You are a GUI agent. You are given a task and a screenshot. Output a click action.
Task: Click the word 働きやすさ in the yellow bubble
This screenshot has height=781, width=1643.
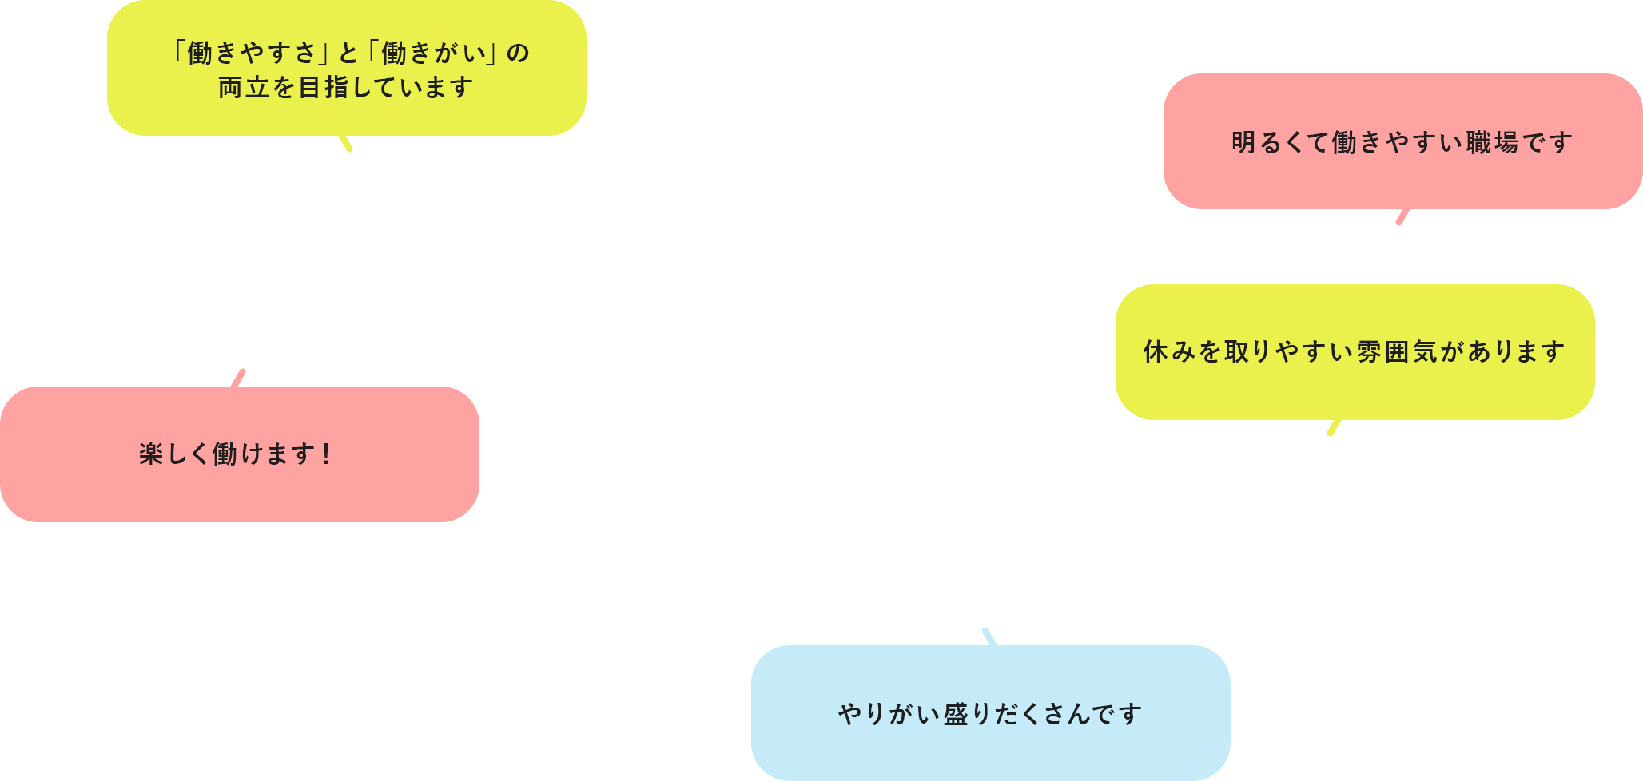coord(253,54)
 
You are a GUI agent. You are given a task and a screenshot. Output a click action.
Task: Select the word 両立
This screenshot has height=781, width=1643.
coord(244,88)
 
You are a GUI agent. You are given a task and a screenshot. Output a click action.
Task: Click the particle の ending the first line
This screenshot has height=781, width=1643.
coord(518,54)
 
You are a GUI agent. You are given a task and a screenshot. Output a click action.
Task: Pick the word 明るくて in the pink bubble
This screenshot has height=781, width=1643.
coord(1280,143)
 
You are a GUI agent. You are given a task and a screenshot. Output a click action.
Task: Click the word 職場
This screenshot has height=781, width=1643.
coord(1492,143)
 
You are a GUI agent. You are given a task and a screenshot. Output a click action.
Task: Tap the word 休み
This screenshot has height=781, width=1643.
coord(1170,352)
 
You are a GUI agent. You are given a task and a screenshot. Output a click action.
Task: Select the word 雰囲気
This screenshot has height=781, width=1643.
coord(1398,352)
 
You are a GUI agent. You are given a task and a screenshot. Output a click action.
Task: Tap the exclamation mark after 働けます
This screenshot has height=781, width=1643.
coord(325,454)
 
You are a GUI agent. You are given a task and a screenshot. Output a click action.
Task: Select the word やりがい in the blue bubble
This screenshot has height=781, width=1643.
coord(889,714)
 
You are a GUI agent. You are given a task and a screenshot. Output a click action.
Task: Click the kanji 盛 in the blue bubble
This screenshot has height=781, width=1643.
coord(956,714)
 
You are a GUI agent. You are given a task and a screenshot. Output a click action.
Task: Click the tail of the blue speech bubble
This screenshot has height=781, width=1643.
coord(989,636)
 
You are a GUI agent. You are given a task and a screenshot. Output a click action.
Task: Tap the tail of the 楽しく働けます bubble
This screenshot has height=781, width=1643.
coord(238,378)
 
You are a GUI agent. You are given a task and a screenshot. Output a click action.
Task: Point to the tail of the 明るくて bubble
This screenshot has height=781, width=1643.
coord(1402,217)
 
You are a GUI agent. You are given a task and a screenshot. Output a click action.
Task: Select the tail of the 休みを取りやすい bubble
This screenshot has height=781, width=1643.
coord(1334,428)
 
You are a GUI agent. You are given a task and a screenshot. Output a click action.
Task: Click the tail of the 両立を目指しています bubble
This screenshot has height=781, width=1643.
coord(346,143)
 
